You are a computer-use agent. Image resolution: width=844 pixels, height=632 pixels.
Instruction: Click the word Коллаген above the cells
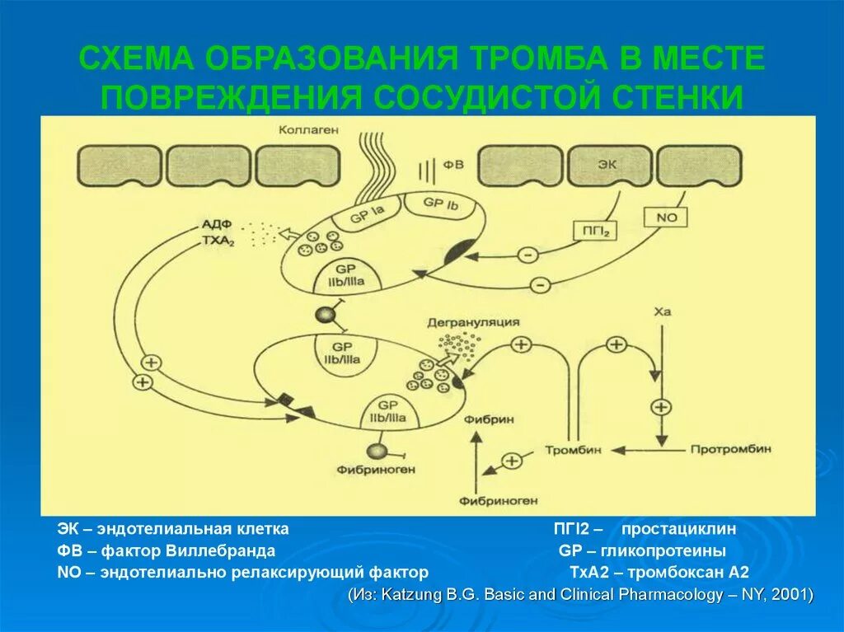pyautogui.click(x=308, y=130)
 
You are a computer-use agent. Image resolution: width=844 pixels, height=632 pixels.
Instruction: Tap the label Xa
pyautogui.click(x=662, y=313)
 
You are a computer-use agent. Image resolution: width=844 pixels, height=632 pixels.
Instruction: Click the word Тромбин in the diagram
pyautogui.click(x=573, y=450)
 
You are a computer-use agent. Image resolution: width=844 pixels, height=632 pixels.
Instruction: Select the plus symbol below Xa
pyautogui.click(x=661, y=407)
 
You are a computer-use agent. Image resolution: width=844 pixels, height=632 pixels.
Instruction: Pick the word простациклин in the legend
pyautogui.click(x=678, y=528)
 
